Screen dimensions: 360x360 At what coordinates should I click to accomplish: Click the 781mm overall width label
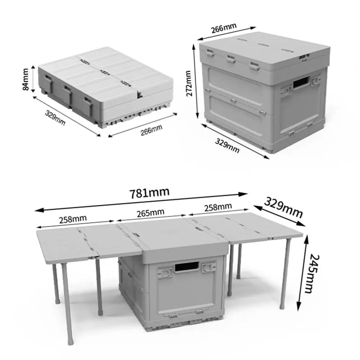click(x=149, y=193)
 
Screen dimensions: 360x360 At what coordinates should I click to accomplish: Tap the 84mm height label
click(x=26, y=79)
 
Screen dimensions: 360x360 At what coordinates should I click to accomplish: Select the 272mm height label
click(x=189, y=83)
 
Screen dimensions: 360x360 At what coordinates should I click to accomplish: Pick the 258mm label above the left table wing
click(x=73, y=218)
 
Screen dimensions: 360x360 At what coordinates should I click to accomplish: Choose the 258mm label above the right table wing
click(x=217, y=207)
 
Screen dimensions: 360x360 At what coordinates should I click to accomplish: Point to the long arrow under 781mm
click(x=142, y=202)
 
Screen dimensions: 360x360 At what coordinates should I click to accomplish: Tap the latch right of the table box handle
click(x=207, y=267)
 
